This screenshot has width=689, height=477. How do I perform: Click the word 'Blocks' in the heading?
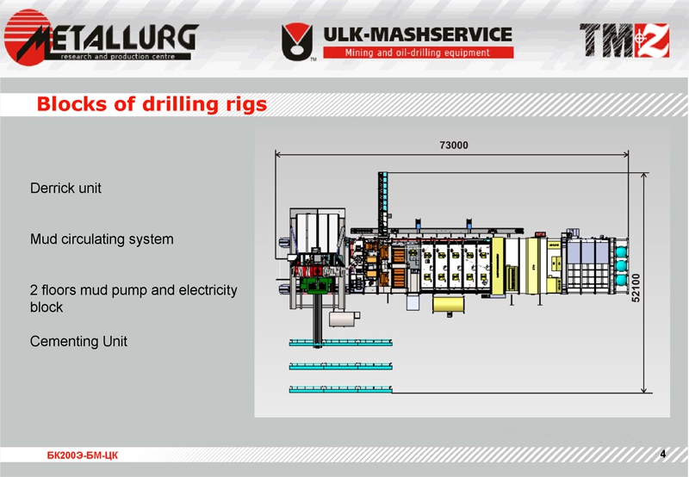(x=71, y=105)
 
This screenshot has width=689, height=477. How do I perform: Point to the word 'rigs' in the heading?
(x=242, y=105)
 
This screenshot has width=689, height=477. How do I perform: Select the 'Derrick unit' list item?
(x=66, y=187)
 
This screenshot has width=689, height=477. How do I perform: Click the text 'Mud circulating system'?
(x=102, y=238)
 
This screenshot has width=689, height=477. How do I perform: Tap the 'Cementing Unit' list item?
(x=78, y=341)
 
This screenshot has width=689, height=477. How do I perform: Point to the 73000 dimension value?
(x=453, y=145)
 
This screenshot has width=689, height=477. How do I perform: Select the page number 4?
(x=662, y=453)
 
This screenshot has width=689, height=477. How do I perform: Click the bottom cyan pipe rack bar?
(x=341, y=388)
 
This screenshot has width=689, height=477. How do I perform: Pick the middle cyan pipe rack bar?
(x=341, y=366)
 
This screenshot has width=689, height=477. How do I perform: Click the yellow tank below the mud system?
(x=454, y=304)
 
